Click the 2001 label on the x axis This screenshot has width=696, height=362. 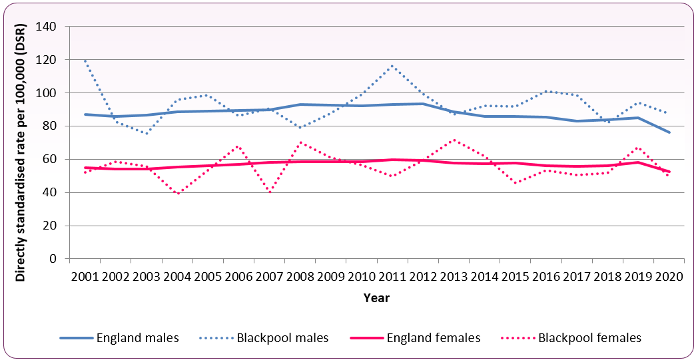click(x=85, y=275)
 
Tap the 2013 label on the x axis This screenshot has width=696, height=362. click(x=454, y=275)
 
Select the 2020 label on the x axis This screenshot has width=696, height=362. click(x=669, y=275)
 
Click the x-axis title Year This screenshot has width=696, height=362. click(x=376, y=298)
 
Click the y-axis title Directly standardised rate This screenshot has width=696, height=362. click(x=22, y=142)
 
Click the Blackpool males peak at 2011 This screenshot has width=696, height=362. click(x=392, y=66)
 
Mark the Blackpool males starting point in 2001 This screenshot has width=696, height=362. click(x=85, y=61)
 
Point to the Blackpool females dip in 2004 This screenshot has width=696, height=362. click(x=177, y=194)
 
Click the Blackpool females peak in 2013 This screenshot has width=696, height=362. click(x=454, y=140)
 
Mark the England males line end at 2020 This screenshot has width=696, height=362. click(x=669, y=132)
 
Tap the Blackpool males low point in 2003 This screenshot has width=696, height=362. click(x=146, y=133)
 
